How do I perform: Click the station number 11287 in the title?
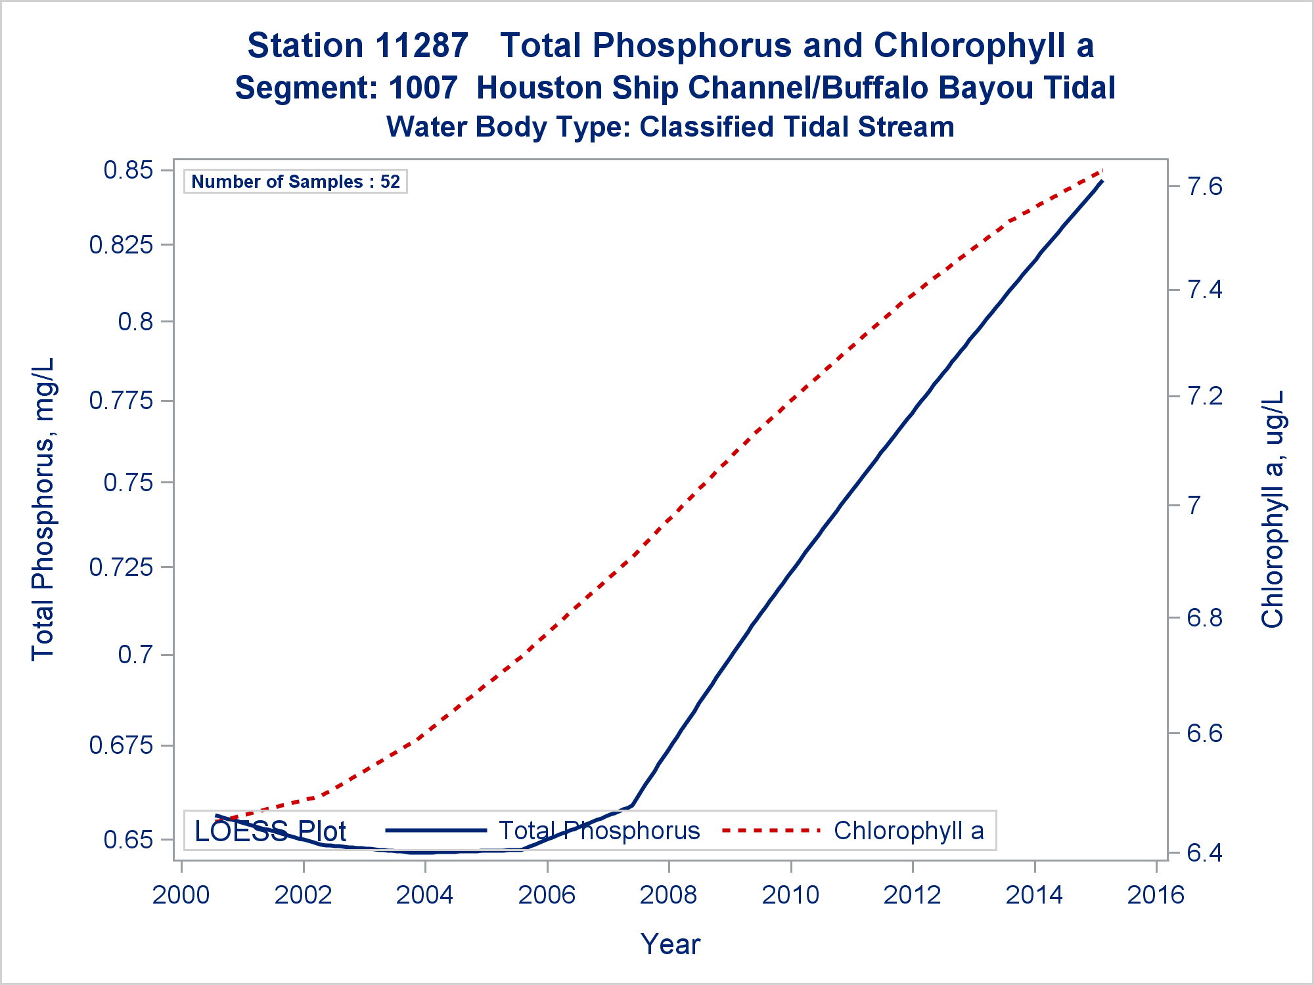(422, 46)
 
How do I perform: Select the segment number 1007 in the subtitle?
(422, 88)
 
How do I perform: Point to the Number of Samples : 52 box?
(296, 181)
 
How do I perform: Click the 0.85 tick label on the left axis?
(128, 170)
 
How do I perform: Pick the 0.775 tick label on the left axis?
(121, 400)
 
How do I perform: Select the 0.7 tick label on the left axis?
(135, 655)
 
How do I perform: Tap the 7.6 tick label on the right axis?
(1205, 187)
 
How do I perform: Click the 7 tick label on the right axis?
(1194, 506)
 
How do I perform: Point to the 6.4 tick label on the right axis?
(1205, 853)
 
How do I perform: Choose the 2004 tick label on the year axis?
(424, 895)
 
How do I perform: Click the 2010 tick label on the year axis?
(790, 895)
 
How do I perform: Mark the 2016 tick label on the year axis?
(1156, 895)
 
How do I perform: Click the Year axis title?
(670, 944)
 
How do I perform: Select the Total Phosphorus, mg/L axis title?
(43, 509)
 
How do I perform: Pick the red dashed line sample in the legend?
(771, 831)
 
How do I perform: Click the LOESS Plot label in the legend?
(270, 831)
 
